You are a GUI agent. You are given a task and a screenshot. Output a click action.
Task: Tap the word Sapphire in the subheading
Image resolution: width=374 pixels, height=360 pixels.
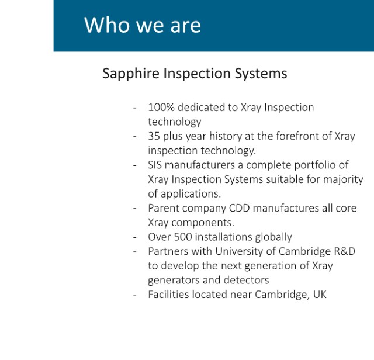[x=131, y=74]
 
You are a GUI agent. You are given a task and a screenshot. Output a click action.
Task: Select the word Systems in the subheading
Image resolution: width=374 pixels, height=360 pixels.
[x=261, y=74]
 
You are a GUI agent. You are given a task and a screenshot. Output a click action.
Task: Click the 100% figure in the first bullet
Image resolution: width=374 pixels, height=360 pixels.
[x=161, y=108]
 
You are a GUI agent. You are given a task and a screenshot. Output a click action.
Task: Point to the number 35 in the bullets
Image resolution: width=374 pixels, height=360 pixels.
[x=154, y=136]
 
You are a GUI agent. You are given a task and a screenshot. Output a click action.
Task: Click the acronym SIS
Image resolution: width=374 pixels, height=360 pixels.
[x=155, y=165]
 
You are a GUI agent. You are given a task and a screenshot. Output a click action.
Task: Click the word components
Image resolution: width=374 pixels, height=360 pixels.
[x=203, y=223]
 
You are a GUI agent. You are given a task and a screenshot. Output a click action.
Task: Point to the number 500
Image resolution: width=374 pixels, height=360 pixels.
[x=183, y=237]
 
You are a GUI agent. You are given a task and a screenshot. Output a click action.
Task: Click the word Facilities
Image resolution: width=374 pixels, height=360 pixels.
[x=169, y=295]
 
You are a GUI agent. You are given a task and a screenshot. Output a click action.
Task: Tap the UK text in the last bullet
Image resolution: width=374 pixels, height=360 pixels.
[x=320, y=295]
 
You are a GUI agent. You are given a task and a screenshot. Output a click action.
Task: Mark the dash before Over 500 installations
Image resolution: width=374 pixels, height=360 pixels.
[x=135, y=238]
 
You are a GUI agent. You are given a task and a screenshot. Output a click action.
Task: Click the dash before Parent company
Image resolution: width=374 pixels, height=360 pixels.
[x=135, y=209]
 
